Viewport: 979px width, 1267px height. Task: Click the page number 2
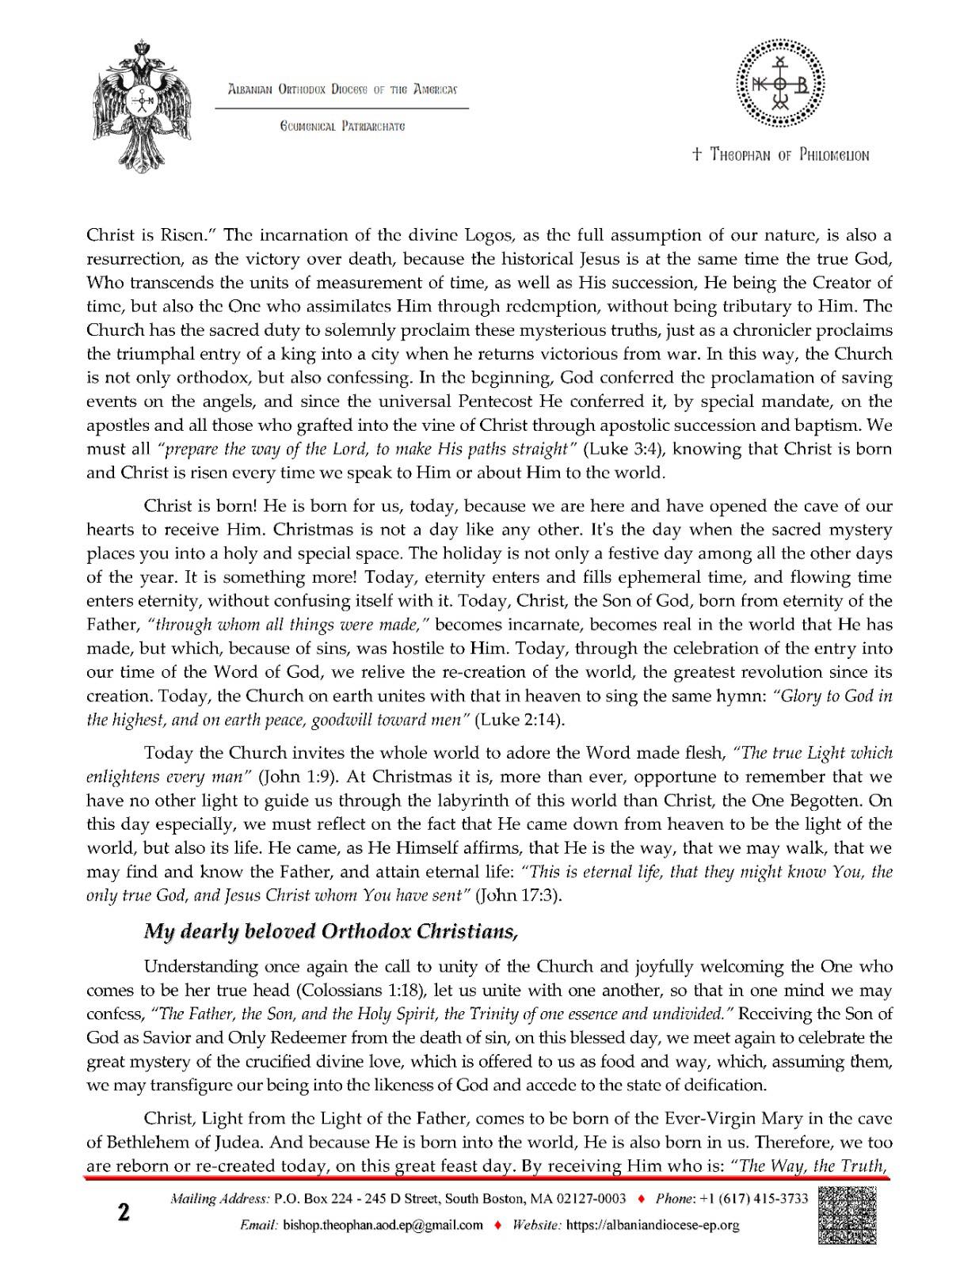124,1213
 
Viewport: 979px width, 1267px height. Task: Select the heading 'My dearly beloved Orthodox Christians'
330,931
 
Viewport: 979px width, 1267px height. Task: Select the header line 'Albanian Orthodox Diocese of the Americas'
342,89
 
